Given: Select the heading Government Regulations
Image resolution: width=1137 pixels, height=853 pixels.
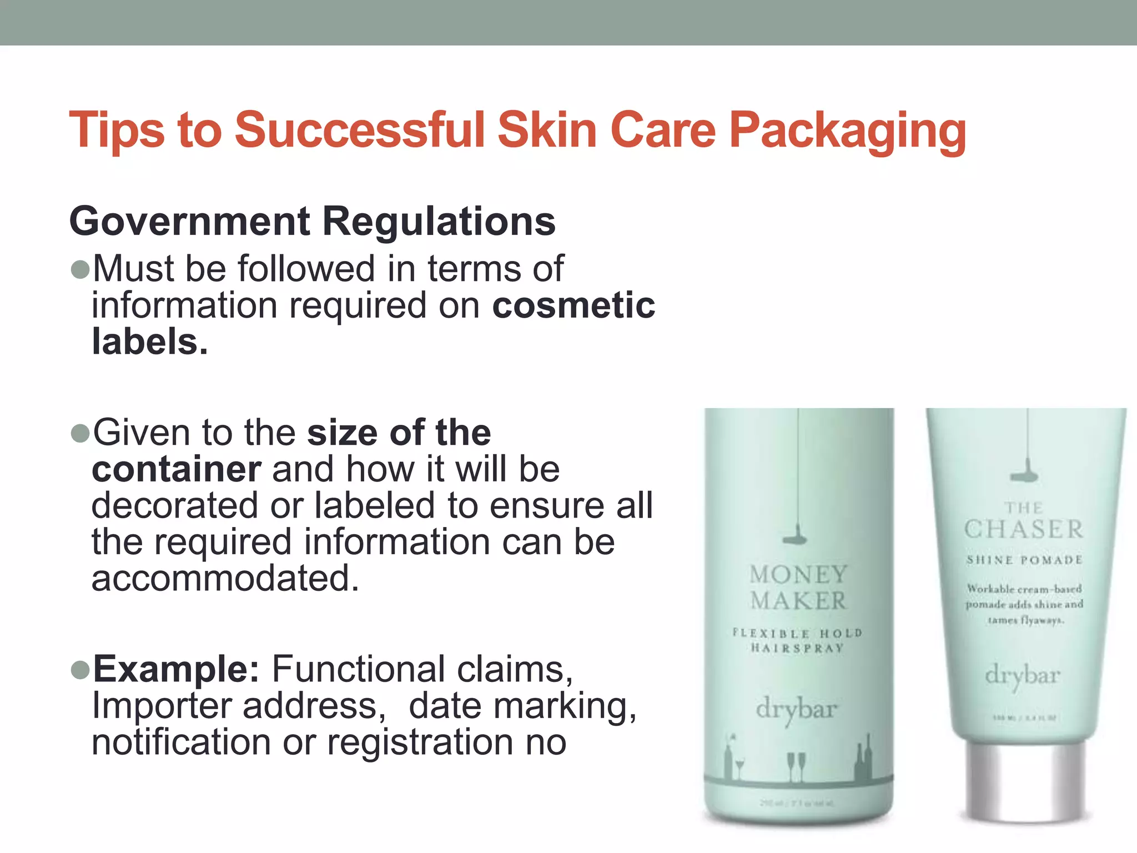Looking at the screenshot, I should (312, 221).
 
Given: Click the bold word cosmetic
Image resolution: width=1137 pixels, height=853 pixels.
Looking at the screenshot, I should (573, 305).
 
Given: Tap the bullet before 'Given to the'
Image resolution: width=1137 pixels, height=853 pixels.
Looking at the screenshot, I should (81, 434).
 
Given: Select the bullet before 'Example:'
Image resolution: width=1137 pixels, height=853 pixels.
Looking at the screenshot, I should (81, 670).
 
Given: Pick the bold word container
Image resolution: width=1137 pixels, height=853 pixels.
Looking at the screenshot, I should (176, 469).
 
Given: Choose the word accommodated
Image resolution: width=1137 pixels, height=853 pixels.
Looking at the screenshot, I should (225, 578).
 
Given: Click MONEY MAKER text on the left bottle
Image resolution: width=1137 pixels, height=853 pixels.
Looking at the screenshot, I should (798, 588).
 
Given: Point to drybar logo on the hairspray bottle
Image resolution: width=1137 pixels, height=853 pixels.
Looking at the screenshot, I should (796, 710).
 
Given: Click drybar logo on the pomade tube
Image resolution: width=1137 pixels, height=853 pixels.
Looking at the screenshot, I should (1023, 676).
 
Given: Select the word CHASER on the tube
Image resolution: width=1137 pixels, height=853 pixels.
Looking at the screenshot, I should (1024, 529).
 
